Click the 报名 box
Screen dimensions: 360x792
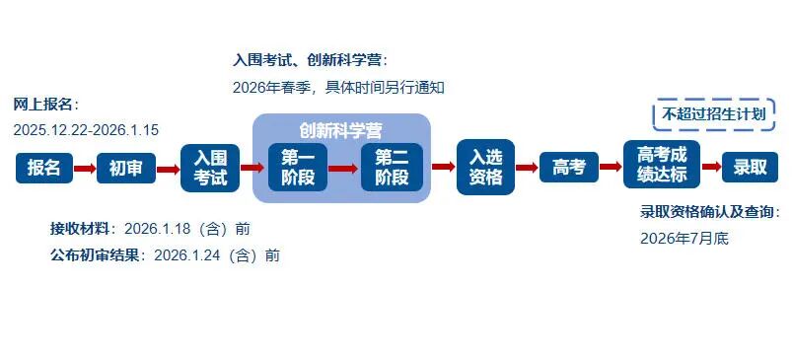[x=44, y=169]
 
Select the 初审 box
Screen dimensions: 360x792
[x=125, y=169]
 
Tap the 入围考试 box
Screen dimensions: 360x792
[x=210, y=168]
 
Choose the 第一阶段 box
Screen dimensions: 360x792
[x=297, y=168]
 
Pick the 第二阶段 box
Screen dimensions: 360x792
[x=392, y=168]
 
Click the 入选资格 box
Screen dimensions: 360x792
[x=485, y=168]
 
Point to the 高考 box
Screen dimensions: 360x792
[x=569, y=168]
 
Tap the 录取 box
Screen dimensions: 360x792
[x=750, y=168]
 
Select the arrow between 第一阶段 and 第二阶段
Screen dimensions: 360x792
[x=344, y=168]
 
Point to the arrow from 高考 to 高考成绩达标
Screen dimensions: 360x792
[x=611, y=168]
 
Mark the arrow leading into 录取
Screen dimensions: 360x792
[x=710, y=168]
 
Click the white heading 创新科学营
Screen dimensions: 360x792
[x=341, y=129]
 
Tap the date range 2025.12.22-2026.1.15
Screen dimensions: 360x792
[x=86, y=129]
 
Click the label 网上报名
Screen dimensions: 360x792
[x=43, y=105]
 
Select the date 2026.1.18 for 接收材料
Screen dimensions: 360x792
[x=159, y=229]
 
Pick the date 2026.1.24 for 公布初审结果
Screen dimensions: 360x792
[x=188, y=255]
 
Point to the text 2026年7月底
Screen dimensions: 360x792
[x=684, y=238]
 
